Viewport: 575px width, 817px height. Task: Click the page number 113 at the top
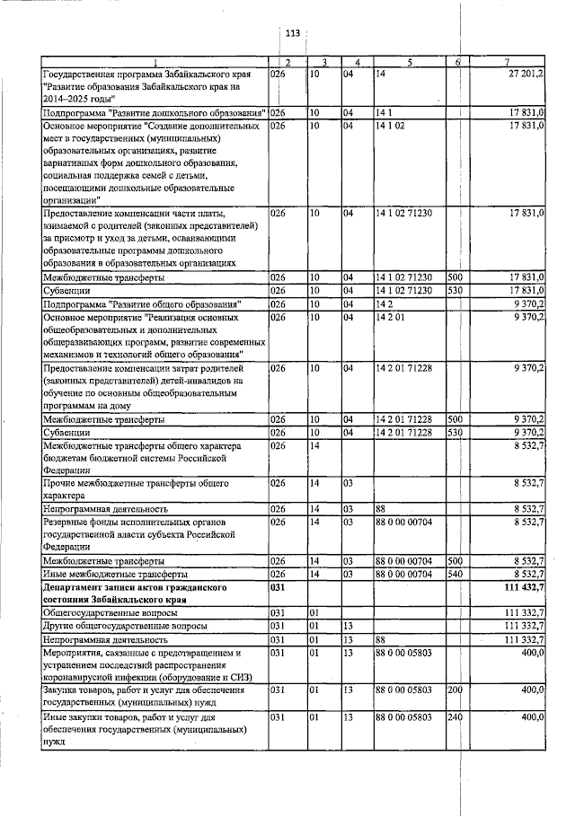pos(292,34)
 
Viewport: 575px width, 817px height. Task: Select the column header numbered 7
pos(508,62)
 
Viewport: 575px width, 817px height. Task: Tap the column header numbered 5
pos(409,62)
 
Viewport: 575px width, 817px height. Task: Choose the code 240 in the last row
pos(455,717)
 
